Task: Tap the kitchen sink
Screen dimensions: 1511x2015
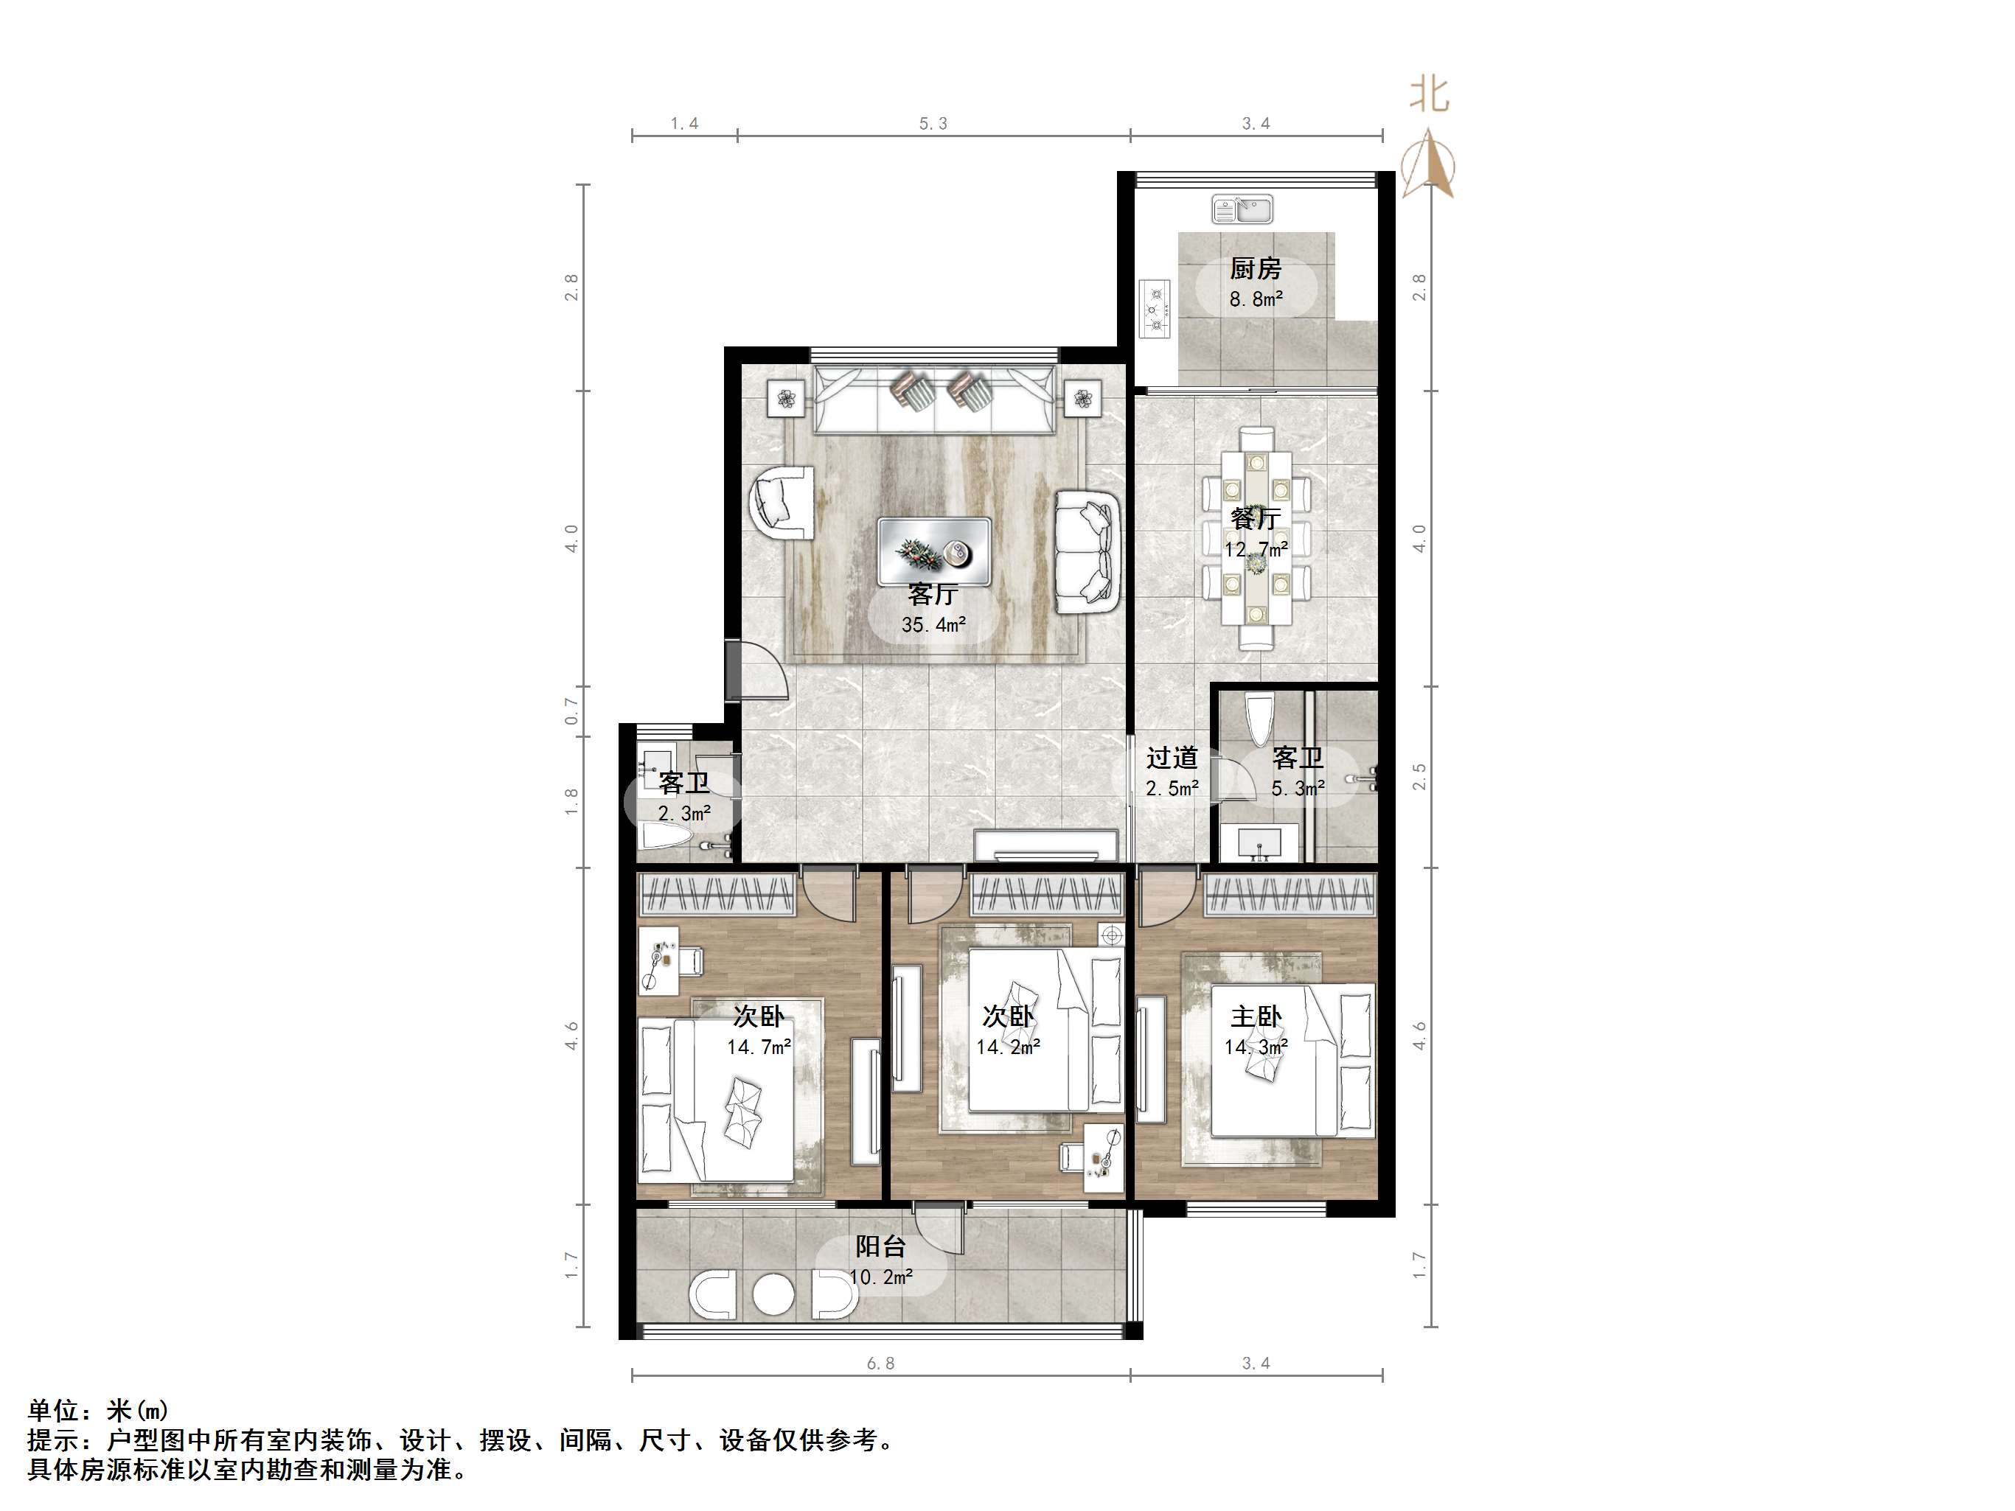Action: [x=1242, y=209]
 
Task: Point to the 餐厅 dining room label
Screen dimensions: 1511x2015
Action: [x=1256, y=518]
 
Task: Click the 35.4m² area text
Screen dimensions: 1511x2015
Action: [x=933, y=625]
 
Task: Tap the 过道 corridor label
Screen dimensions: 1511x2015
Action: [x=1172, y=758]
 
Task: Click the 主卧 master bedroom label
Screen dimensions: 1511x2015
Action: [x=1256, y=1016]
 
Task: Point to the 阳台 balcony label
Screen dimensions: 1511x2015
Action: [x=880, y=1246]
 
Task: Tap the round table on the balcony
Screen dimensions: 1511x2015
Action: [x=773, y=1294]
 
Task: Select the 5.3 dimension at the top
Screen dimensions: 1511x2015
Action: [x=933, y=124]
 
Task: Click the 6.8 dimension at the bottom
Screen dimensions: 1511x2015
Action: [x=880, y=1364]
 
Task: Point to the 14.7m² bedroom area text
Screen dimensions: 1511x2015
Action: [x=758, y=1047]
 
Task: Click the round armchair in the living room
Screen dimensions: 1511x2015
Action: [x=782, y=502]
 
